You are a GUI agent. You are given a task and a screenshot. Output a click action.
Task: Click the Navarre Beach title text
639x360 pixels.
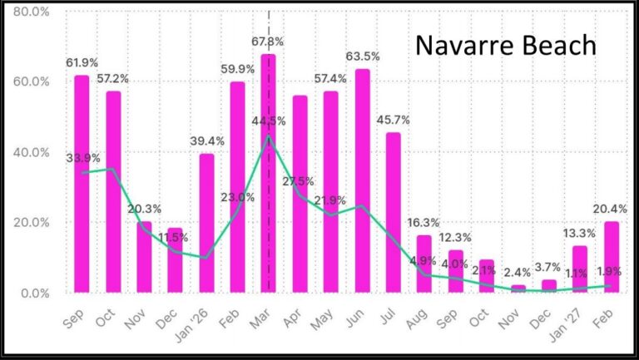click(506, 44)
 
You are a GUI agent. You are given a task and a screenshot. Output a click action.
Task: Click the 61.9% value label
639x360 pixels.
click(82, 62)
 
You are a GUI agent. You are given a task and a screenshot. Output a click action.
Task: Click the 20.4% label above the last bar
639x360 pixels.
click(611, 208)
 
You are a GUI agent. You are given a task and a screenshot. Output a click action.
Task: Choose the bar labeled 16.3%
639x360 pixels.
click(424, 264)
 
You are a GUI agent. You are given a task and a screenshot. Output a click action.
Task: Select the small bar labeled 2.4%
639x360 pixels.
click(518, 288)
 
